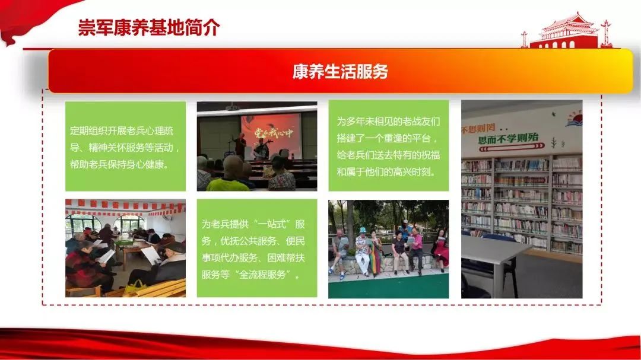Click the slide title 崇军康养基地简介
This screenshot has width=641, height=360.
149,27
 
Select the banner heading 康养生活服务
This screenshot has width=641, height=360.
340,71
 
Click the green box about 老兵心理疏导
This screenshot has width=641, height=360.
125,146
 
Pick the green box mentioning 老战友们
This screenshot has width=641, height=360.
388,146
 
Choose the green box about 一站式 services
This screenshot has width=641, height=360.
257,248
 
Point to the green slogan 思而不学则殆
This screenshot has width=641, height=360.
508,139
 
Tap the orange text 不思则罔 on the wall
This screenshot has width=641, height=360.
478,129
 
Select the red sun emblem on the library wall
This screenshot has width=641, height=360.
574,119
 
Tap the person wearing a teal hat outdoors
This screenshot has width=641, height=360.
362,251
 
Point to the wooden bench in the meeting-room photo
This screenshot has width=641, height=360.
160,288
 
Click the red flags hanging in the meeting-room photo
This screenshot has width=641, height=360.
125,207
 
